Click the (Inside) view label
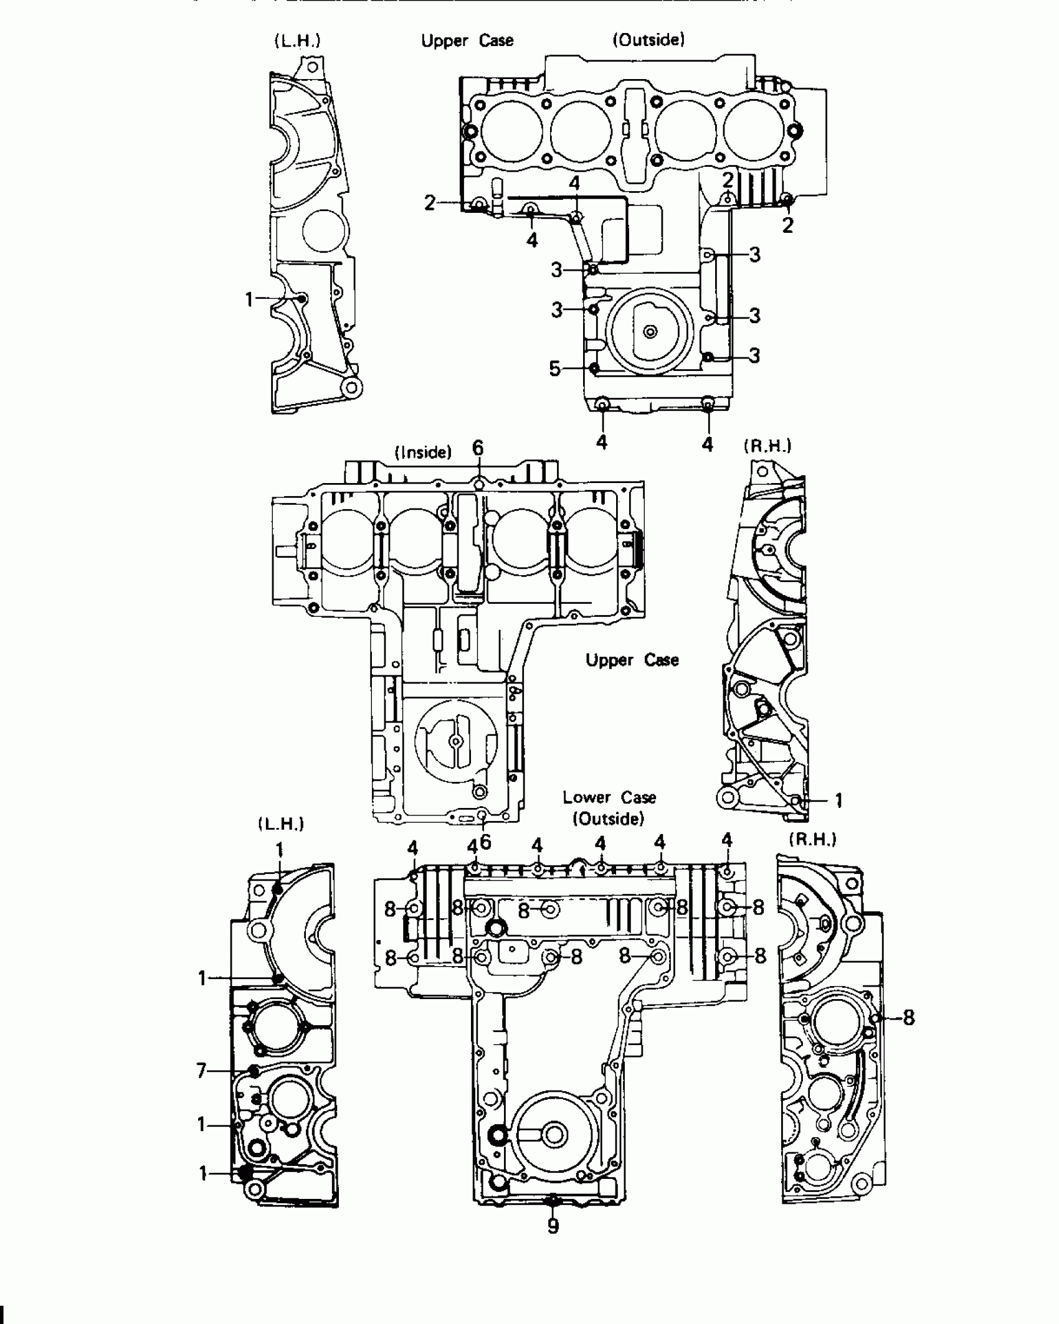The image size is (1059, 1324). [x=424, y=452]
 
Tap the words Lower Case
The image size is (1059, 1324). [x=609, y=797]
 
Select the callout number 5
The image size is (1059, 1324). [x=554, y=369]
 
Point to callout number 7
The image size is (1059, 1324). [x=201, y=1071]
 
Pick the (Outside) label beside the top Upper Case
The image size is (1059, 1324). [x=648, y=40]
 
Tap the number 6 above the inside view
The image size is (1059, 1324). [x=478, y=448]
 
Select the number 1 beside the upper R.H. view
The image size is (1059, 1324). [x=838, y=801]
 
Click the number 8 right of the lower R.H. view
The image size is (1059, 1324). [x=909, y=1018]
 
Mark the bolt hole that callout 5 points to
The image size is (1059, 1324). [x=594, y=368]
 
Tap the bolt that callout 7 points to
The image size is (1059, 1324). [x=254, y=1071]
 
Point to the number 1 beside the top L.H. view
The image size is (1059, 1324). [x=249, y=300]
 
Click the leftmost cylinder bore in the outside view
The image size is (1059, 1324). [x=511, y=131]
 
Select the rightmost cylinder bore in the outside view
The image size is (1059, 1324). [x=755, y=131]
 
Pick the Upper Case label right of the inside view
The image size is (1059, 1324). [x=632, y=660]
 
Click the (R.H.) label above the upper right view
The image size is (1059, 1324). [x=767, y=446]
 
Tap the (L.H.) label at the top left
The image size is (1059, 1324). [x=297, y=41]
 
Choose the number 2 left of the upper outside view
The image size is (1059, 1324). [x=429, y=204]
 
